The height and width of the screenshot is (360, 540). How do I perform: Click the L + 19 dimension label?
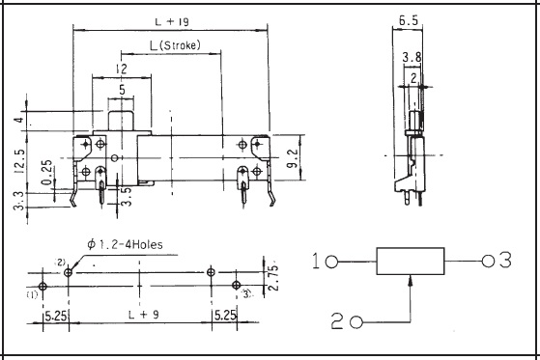pyautogui.click(x=172, y=22)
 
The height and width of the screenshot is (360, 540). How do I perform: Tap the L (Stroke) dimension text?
pyautogui.click(x=175, y=45)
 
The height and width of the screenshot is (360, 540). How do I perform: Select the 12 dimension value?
pyautogui.click(x=121, y=69)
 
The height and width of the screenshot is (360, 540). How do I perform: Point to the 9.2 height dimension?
pyautogui.click(x=293, y=158)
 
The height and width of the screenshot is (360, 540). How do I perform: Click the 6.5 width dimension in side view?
pyautogui.click(x=409, y=20)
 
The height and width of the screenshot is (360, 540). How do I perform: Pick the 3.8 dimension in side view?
pyautogui.click(x=412, y=57)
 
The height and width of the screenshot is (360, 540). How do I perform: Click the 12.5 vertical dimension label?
pyautogui.click(x=19, y=160)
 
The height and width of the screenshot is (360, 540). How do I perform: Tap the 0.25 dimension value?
pyautogui.click(x=46, y=172)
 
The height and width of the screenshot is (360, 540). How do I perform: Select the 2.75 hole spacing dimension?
pyautogui.click(x=272, y=278)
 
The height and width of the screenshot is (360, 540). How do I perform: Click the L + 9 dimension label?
pyautogui.click(x=144, y=315)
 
